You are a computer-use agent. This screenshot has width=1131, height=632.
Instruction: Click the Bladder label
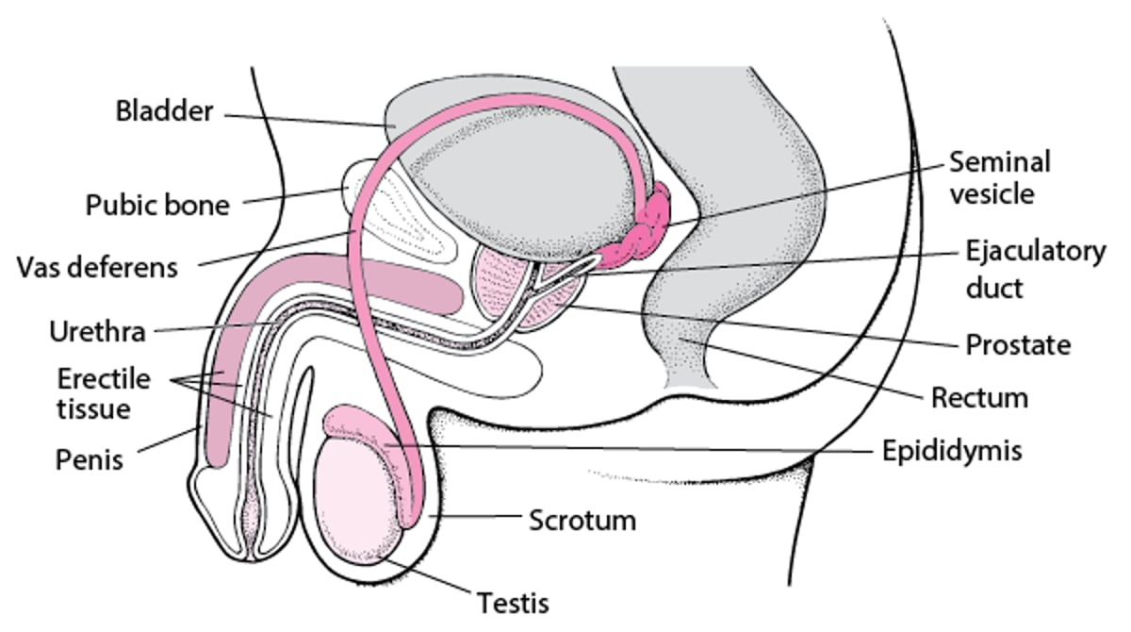164,111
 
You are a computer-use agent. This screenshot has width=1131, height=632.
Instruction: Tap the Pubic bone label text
157,205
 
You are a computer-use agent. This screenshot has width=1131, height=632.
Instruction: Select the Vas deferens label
97,267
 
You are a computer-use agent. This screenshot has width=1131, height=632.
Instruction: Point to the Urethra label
97,332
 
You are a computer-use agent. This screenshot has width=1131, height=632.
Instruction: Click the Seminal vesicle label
999,177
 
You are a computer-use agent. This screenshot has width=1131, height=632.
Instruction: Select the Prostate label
1018,345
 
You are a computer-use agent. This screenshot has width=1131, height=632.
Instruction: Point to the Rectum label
979,398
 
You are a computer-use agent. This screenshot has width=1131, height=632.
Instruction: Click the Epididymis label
952,451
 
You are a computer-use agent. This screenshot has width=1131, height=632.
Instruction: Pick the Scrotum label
582,520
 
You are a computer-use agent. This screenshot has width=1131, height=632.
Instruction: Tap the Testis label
513,601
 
